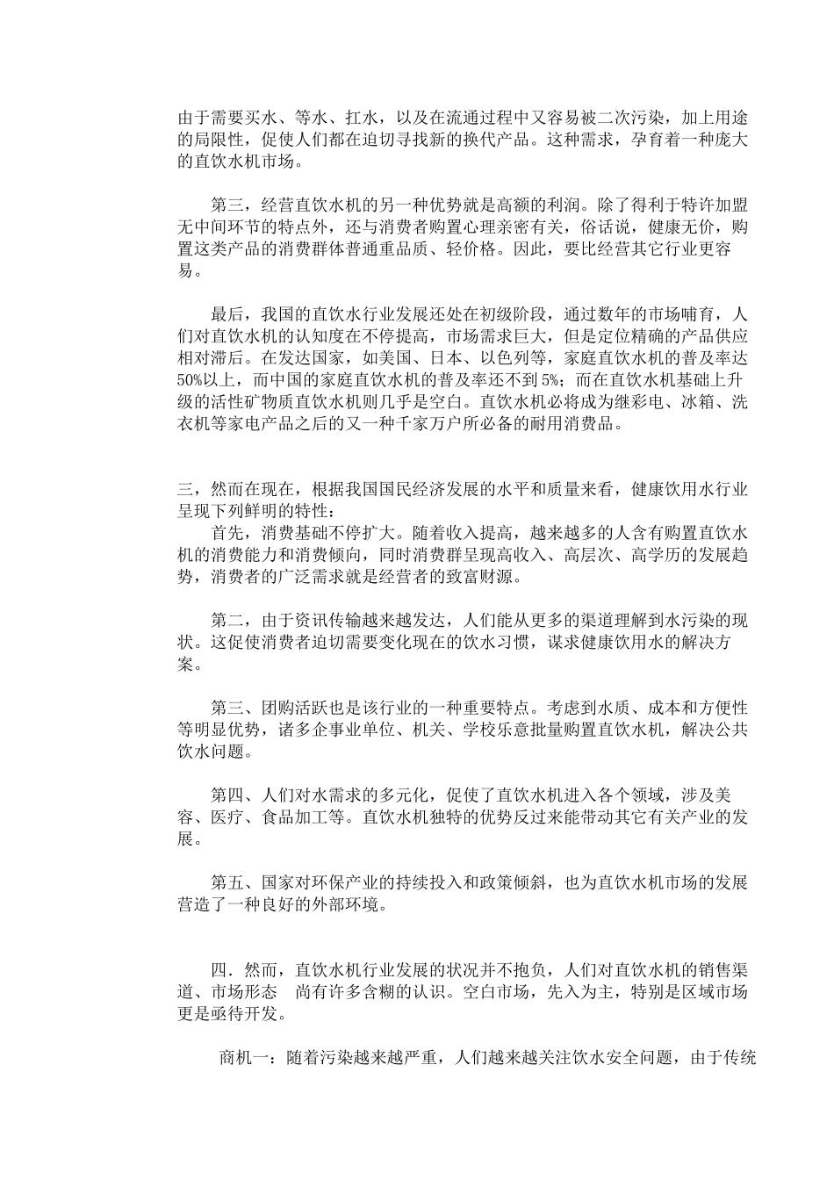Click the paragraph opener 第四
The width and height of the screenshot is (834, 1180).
click(x=228, y=795)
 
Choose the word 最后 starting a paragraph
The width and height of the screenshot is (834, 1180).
click(x=228, y=314)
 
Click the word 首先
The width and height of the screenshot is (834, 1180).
click(x=228, y=533)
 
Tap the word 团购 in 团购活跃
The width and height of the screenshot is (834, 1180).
click(x=278, y=707)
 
